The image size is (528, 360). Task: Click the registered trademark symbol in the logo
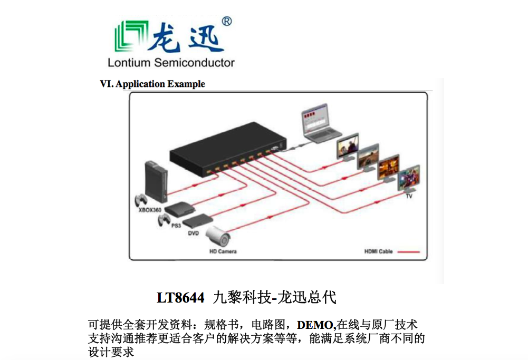226,21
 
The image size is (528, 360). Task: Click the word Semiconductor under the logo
195,63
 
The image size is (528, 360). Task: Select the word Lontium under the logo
129,63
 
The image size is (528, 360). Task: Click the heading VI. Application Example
152,84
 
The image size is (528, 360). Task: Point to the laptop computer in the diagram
320,125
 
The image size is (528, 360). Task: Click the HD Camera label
223,251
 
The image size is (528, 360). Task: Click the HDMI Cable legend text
379,252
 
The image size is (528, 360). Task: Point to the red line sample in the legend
409,252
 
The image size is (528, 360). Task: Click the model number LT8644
180,298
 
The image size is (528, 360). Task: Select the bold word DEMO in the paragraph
316,325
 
